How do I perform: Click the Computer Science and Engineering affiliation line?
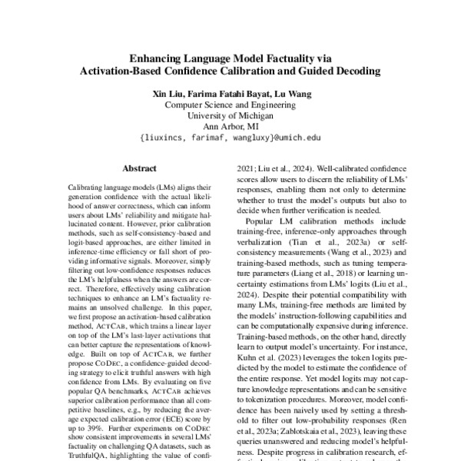[230, 105]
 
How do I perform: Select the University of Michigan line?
[230, 117]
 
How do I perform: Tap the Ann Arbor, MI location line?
[230, 128]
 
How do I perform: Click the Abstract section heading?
[139, 165]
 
